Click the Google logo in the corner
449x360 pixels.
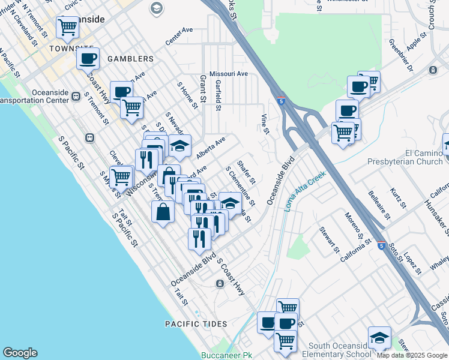click(20, 353)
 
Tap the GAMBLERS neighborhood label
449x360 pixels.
click(130, 59)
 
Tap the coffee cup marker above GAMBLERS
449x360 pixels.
click(88, 59)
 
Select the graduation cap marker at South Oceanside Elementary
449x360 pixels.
click(379, 337)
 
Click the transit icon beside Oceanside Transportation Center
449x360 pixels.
click(76, 96)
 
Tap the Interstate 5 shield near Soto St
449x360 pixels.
click(381, 245)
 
